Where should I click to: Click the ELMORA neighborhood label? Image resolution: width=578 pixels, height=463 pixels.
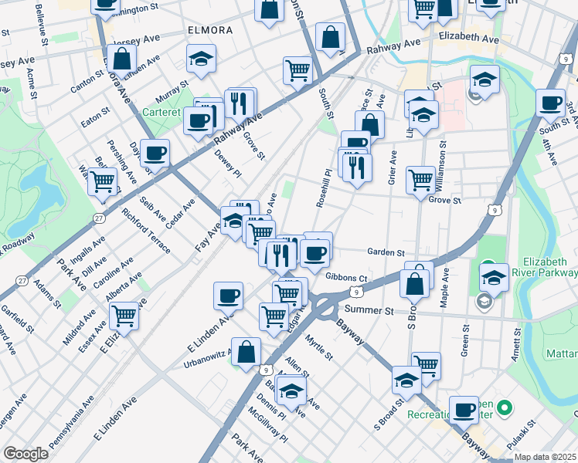coord(209,30)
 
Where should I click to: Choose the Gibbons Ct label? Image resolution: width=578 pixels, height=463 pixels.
coord(345,277)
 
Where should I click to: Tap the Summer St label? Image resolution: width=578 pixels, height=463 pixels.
coord(369,309)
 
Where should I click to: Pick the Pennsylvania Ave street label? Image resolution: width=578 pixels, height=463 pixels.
coord(71,425)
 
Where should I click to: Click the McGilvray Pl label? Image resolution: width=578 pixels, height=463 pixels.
coord(267,427)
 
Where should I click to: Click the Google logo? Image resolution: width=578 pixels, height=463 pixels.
coord(25,454)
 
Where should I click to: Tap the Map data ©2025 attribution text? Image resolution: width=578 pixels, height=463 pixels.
coord(545,457)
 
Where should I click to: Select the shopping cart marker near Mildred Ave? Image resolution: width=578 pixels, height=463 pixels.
coord(124,314)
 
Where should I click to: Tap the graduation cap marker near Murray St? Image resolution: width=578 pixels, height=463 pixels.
coord(201,58)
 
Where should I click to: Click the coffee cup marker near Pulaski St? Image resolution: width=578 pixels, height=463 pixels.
coord(464,409)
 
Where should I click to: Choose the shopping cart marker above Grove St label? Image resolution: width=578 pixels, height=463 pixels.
coord(420,179)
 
